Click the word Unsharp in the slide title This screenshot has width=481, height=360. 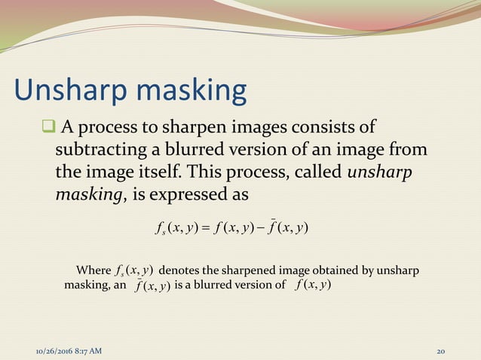point(63,90)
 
